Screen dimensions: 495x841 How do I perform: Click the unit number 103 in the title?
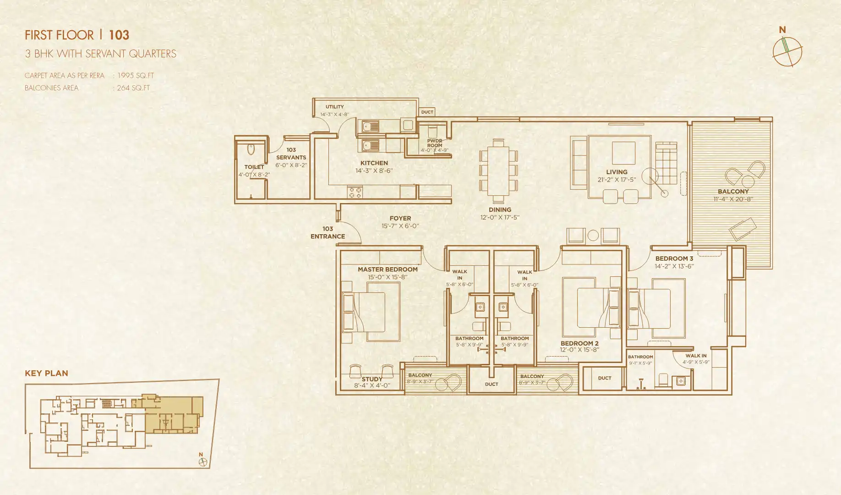pyautogui.click(x=119, y=35)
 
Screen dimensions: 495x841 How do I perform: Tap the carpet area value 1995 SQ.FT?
pyautogui.click(x=136, y=76)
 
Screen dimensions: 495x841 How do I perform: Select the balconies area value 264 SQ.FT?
pyautogui.click(x=133, y=88)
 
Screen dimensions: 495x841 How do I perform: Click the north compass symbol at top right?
pyautogui.click(x=787, y=51)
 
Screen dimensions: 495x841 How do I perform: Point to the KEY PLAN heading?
pyautogui.click(x=46, y=374)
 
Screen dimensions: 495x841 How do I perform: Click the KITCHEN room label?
pyautogui.click(x=374, y=163)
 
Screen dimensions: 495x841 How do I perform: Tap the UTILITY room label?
pyautogui.click(x=335, y=107)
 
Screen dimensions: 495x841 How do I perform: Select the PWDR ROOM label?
pyautogui.click(x=435, y=143)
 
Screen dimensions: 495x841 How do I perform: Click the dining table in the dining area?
pyautogui.click(x=498, y=170)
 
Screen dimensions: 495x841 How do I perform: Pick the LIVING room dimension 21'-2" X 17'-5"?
pyautogui.click(x=617, y=180)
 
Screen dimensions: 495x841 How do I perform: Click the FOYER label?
pyautogui.click(x=400, y=219)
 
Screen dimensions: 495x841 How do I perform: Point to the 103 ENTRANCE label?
pyautogui.click(x=328, y=232)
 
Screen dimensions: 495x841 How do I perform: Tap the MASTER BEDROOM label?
pyautogui.click(x=388, y=269)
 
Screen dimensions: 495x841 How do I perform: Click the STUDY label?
pyautogui.click(x=371, y=379)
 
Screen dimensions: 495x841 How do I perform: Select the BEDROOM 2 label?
pyautogui.click(x=579, y=343)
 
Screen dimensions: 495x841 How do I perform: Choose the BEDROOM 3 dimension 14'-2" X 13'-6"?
pyautogui.click(x=674, y=266)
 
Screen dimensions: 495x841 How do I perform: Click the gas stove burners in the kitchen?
pyautogui.click(x=355, y=192)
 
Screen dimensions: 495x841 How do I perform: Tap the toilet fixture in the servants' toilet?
pyautogui.click(x=251, y=150)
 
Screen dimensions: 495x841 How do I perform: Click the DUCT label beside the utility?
pyautogui.click(x=427, y=112)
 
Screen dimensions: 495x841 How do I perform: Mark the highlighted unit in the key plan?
pyautogui.click(x=172, y=415)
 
